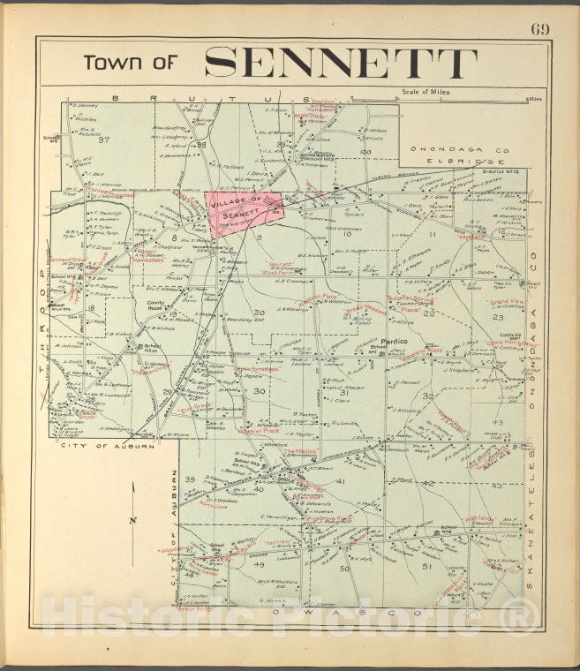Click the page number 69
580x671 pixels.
(x=539, y=28)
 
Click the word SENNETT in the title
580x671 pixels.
(x=341, y=63)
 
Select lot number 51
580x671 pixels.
(x=427, y=565)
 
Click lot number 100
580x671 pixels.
(x=365, y=152)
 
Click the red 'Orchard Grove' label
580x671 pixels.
(x=66, y=260)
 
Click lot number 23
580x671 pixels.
(x=497, y=316)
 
